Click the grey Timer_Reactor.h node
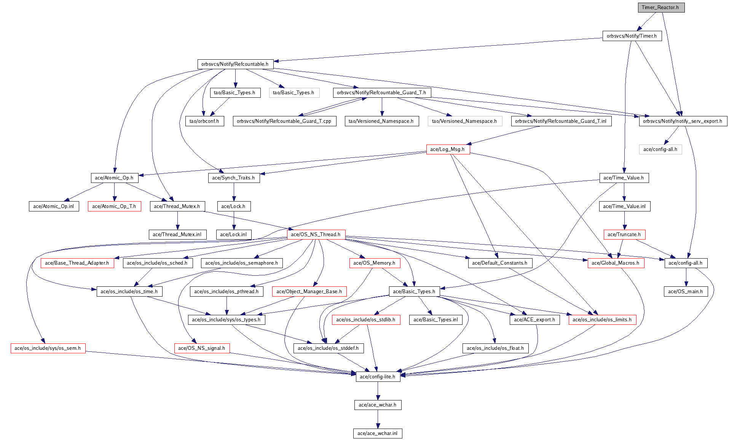point(661,8)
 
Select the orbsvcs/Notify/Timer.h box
point(632,36)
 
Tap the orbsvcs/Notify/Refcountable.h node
point(235,64)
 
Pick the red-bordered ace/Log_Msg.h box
point(447,149)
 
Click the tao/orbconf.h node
point(204,121)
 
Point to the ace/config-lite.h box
point(377,377)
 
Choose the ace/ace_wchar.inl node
point(377,434)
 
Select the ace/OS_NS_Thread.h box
point(316,235)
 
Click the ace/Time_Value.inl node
point(624,206)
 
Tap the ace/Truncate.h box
point(624,235)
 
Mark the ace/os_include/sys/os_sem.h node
point(48,348)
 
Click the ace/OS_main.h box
point(686,292)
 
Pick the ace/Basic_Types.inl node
point(435,320)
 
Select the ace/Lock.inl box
point(233,235)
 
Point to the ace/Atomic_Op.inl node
point(54,206)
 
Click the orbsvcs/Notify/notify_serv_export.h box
point(683,121)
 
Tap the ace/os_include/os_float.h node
point(495,348)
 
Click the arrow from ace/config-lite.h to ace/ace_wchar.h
point(378,391)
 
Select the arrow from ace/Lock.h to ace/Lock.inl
point(234,221)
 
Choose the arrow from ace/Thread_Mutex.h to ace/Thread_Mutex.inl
point(177,221)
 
